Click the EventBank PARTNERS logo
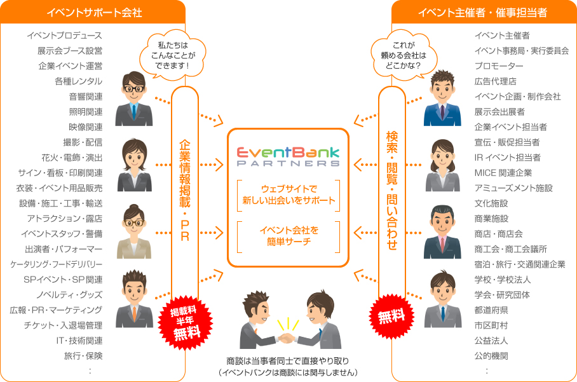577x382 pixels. (288, 157)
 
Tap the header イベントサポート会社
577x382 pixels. (94, 13)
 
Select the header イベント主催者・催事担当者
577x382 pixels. (483, 13)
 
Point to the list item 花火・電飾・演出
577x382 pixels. (71, 158)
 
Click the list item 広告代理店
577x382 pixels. (495, 81)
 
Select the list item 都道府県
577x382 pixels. (491, 310)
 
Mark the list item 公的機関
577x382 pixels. (491, 356)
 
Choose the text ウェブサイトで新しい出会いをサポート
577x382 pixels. (288, 195)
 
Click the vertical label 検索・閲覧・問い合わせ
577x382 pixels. (392, 191)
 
